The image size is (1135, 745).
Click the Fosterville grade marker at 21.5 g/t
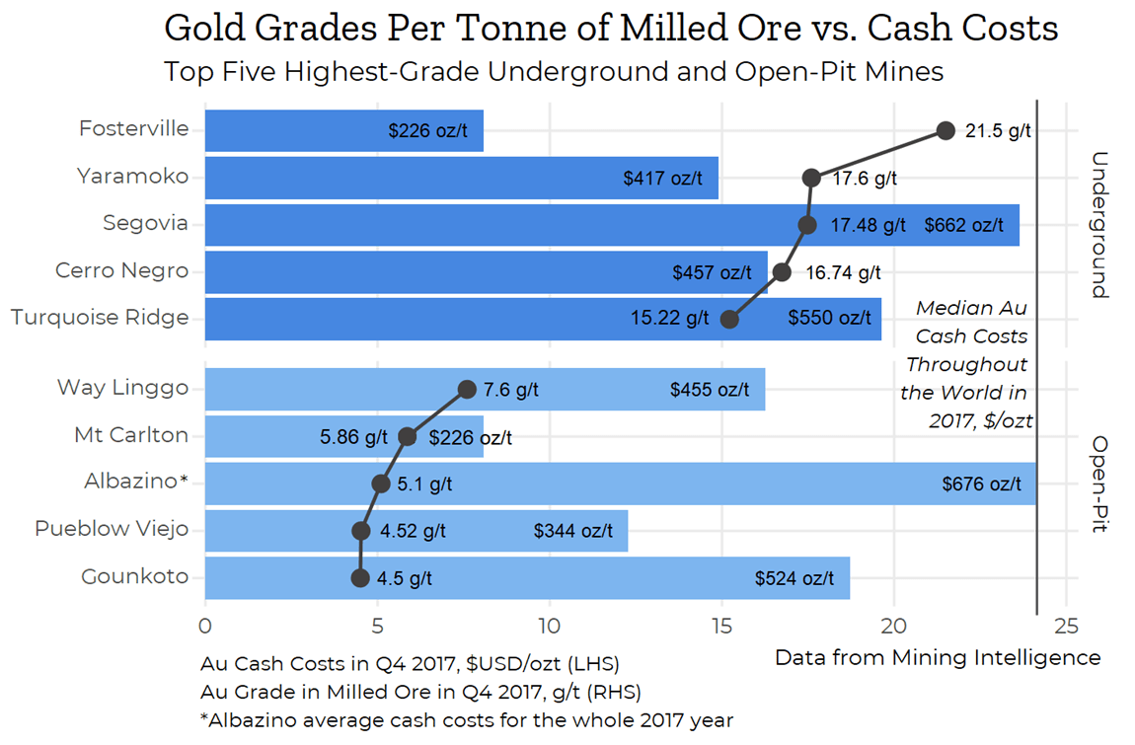(946, 130)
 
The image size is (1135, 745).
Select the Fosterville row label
(133, 129)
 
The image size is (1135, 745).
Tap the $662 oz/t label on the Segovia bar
(963, 225)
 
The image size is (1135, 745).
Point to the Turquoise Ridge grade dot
(729, 319)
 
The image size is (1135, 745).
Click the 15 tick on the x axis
(721, 625)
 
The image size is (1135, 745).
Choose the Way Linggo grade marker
(467, 389)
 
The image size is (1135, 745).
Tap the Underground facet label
(1100, 224)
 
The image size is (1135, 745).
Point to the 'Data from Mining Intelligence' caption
(937, 657)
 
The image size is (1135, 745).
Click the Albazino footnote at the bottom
(466, 719)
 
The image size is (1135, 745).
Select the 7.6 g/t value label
(510, 390)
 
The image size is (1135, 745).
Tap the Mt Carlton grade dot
(407, 436)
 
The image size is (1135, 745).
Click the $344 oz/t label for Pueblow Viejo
(573, 531)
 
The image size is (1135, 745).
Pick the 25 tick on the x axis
(1066, 625)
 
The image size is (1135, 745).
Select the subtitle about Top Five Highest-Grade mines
(553, 72)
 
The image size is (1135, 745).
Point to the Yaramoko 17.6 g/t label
(865, 179)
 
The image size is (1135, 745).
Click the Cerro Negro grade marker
(782, 271)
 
